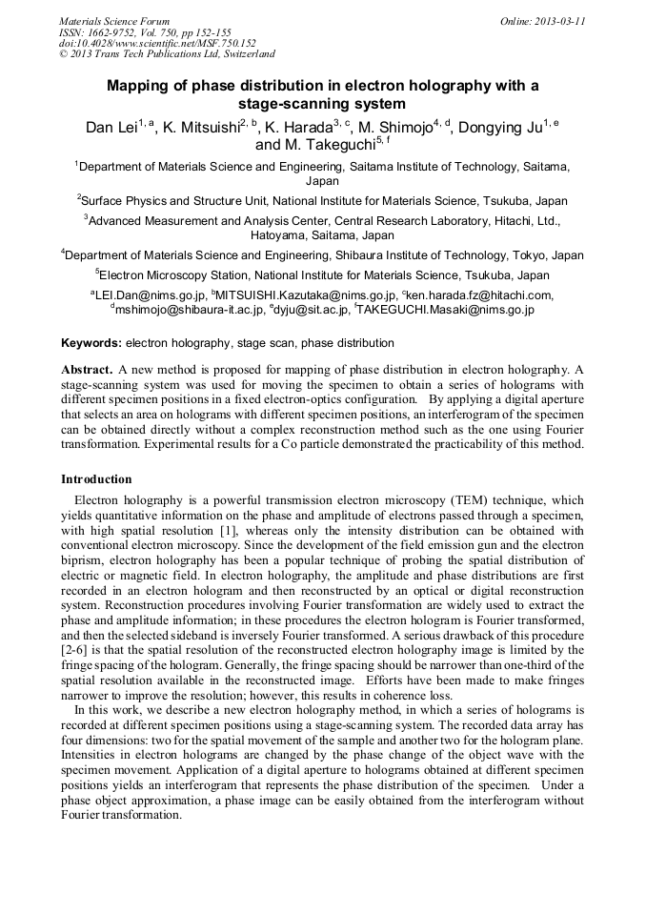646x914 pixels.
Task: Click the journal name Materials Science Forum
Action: click(114, 21)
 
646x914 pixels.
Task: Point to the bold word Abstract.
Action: click(87, 369)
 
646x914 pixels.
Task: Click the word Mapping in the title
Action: click(137, 86)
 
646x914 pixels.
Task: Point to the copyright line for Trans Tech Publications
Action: click(167, 54)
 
